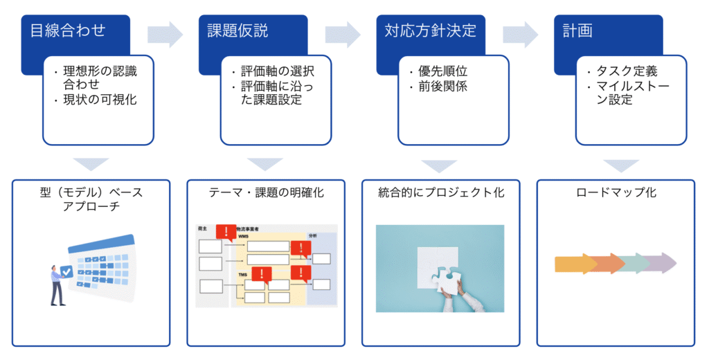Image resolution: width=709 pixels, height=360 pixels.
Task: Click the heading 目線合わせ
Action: click(x=68, y=30)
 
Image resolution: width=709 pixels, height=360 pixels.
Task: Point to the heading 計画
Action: click(x=578, y=30)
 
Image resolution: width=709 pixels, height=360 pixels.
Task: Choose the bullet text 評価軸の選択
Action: click(x=277, y=71)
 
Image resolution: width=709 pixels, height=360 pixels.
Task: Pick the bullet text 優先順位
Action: click(x=443, y=71)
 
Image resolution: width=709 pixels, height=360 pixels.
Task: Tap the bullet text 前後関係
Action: click(x=443, y=87)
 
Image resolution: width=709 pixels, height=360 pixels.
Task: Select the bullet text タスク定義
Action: click(x=626, y=71)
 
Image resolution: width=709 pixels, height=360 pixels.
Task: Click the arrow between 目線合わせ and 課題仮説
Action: click(x=165, y=33)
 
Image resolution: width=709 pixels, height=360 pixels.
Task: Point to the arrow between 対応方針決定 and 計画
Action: click(x=521, y=33)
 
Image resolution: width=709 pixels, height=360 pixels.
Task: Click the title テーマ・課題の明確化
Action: click(x=267, y=192)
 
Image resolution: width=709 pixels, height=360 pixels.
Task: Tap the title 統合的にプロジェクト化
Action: click(x=441, y=192)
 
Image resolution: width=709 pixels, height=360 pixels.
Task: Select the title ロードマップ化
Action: click(x=616, y=192)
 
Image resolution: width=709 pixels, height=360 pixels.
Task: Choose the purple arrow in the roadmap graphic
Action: click(x=661, y=264)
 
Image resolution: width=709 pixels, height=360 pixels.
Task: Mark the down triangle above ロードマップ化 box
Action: click(x=616, y=165)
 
